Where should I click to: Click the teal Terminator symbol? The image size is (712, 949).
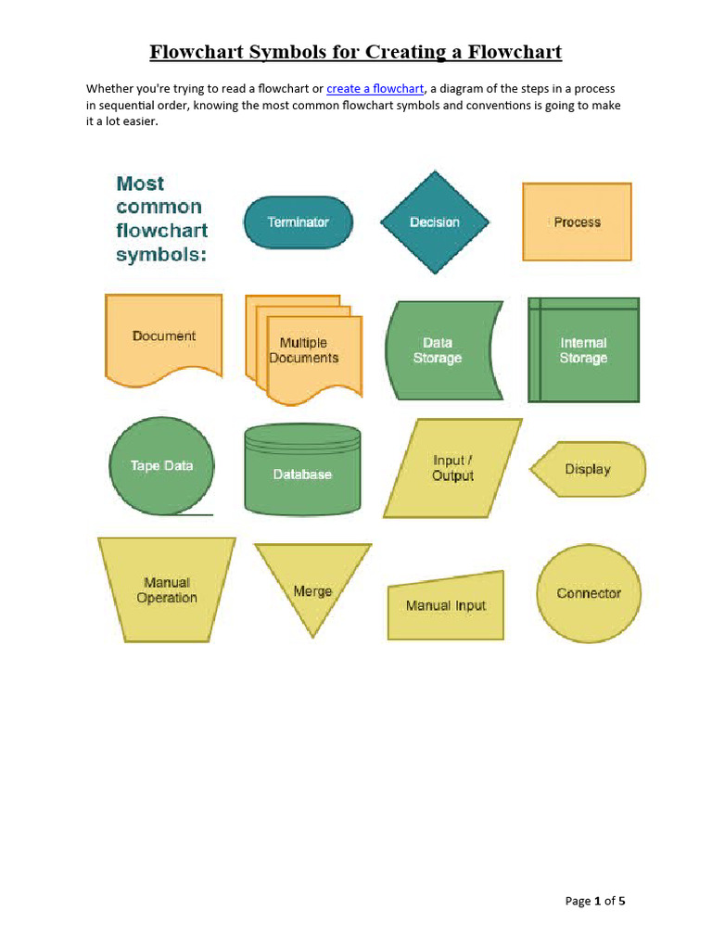pos(298,222)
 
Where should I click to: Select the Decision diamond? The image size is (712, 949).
pos(434,222)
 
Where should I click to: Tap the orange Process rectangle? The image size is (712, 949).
pos(577,222)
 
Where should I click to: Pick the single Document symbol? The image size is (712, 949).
pos(164,336)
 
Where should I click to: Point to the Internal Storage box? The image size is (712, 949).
pos(583,350)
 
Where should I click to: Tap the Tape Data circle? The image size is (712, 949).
pos(162,465)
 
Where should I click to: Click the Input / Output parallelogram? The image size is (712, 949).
pos(452,468)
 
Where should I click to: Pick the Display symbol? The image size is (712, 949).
pos(588,469)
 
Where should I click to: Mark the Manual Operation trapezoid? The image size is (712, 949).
pos(167,589)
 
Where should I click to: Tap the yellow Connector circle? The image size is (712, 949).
pos(589,593)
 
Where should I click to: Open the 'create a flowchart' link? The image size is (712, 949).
pos(375,89)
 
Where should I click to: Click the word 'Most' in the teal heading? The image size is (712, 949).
pos(141,183)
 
